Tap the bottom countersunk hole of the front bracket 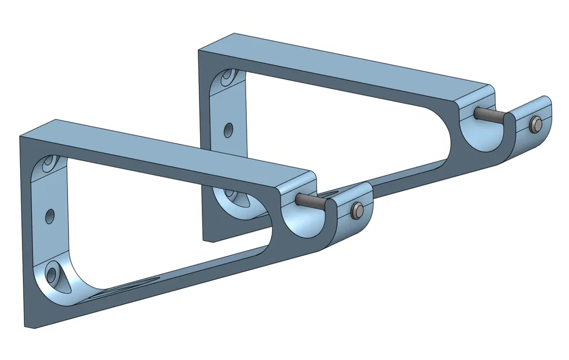54,272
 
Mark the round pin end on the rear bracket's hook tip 536,123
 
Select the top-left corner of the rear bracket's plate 199,51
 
